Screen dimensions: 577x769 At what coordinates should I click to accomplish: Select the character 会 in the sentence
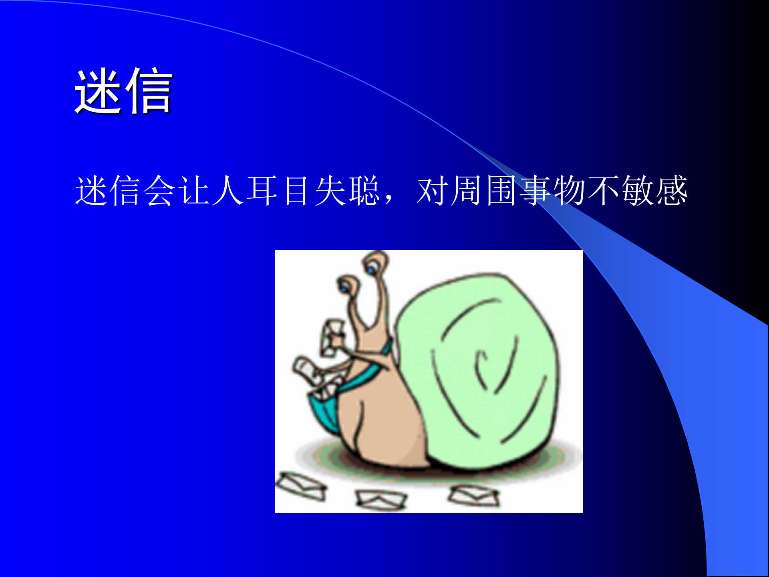click(x=159, y=191)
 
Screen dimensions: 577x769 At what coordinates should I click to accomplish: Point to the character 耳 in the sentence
click(x=262, y=191)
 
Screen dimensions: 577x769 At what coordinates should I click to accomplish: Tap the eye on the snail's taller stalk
click(x=372, y=271)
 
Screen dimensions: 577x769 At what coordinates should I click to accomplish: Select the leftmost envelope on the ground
click(x=301, y=486)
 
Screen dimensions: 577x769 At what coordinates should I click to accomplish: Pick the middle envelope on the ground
click(x=380, y=500)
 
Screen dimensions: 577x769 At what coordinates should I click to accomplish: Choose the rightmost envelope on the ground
click(x=474, y=496)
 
